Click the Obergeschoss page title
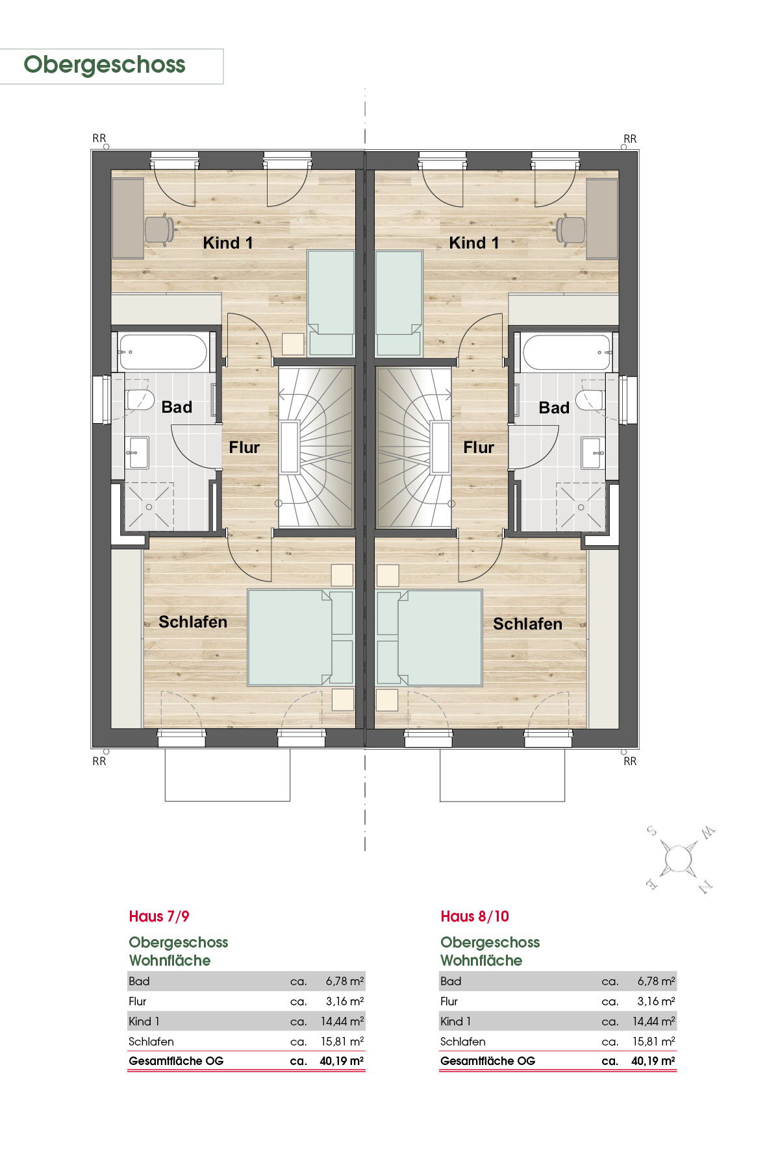[105, 65]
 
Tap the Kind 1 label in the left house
[228, 243]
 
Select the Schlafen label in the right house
[527, 624]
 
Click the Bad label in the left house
[177, 407]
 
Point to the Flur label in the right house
[479, 447]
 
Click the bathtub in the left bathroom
[163, 352]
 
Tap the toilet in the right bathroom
[590, 400]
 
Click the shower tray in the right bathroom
[581, 507]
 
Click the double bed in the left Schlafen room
[300, 637]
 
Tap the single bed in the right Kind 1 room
[399, 303]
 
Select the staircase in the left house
[316, 447]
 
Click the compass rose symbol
[679, 859]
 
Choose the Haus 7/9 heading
[159, 916]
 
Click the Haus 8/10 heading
[475, 916]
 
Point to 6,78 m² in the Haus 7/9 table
[345, 981]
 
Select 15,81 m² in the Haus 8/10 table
[654, 1042]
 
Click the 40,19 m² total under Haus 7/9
[342, 1061]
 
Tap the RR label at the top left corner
[99, 138]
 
